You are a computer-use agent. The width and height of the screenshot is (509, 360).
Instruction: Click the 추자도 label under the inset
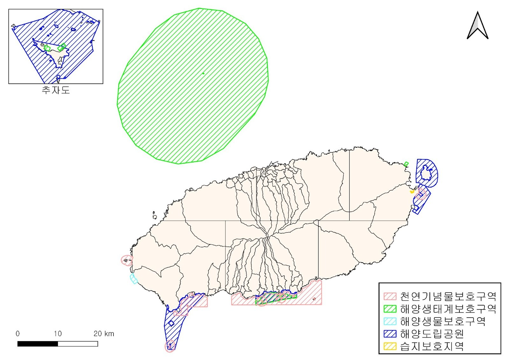coord(56,90)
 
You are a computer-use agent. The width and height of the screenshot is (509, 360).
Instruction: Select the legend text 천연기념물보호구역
coord(448,297)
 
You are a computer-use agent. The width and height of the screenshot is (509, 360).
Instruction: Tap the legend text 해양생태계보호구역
coord(448,309)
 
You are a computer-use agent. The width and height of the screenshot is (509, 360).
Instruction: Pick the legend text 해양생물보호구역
coord(443,321)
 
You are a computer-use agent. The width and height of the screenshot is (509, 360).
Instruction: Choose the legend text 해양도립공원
coord(432,334)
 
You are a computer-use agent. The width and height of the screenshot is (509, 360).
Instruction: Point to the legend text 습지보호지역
coord(432,346)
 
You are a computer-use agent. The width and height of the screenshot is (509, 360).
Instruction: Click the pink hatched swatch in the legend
coord(390,297)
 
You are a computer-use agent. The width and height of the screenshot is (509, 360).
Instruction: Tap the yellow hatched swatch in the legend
coord(390,346)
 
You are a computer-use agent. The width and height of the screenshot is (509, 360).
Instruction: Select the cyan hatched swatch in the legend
coord(390,321)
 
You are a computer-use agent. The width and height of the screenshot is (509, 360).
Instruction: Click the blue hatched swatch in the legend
coord(390,334)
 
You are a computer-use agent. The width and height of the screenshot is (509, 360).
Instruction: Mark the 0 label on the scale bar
coord(17,334)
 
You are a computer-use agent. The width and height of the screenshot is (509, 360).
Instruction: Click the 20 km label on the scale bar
coord(103,334)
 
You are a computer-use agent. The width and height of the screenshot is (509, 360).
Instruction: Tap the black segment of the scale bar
coord(38,344)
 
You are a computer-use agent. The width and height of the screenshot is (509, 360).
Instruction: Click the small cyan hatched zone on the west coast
coord(134,279)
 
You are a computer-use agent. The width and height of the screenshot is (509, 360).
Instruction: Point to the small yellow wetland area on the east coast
coord(412,192)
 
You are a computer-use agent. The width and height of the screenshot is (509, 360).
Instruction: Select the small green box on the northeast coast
coord(406,164)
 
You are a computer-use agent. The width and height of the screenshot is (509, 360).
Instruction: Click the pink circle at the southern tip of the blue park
coord(170,346)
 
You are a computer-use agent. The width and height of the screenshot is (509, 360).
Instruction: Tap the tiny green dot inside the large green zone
coord(203,73)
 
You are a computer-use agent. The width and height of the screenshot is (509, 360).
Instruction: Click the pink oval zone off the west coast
coord(127,260)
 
